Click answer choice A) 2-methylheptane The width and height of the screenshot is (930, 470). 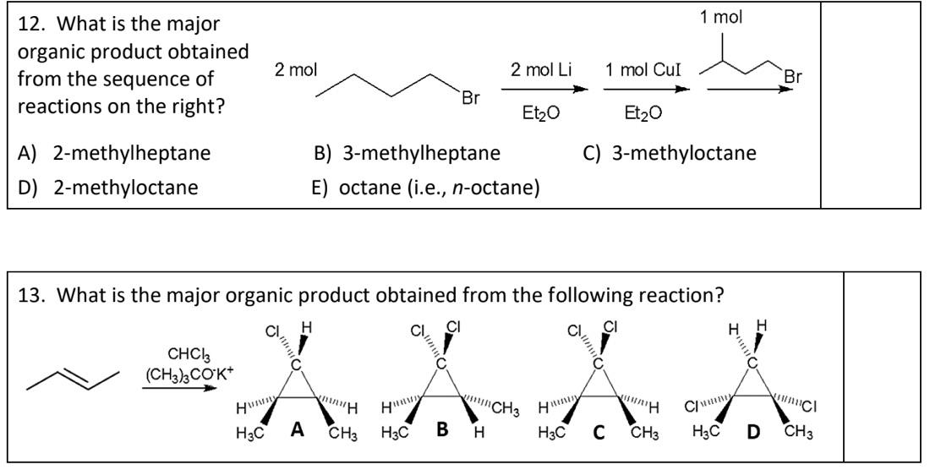[115, 153]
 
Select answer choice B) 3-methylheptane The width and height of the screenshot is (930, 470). [407, 153]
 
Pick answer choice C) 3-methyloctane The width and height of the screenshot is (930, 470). [670, 153]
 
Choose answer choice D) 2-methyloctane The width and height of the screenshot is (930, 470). [108, 186]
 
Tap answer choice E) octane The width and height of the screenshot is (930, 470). [426, 186]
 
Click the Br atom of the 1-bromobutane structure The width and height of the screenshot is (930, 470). [471, 97]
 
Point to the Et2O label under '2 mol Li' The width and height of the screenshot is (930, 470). [541, 113]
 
